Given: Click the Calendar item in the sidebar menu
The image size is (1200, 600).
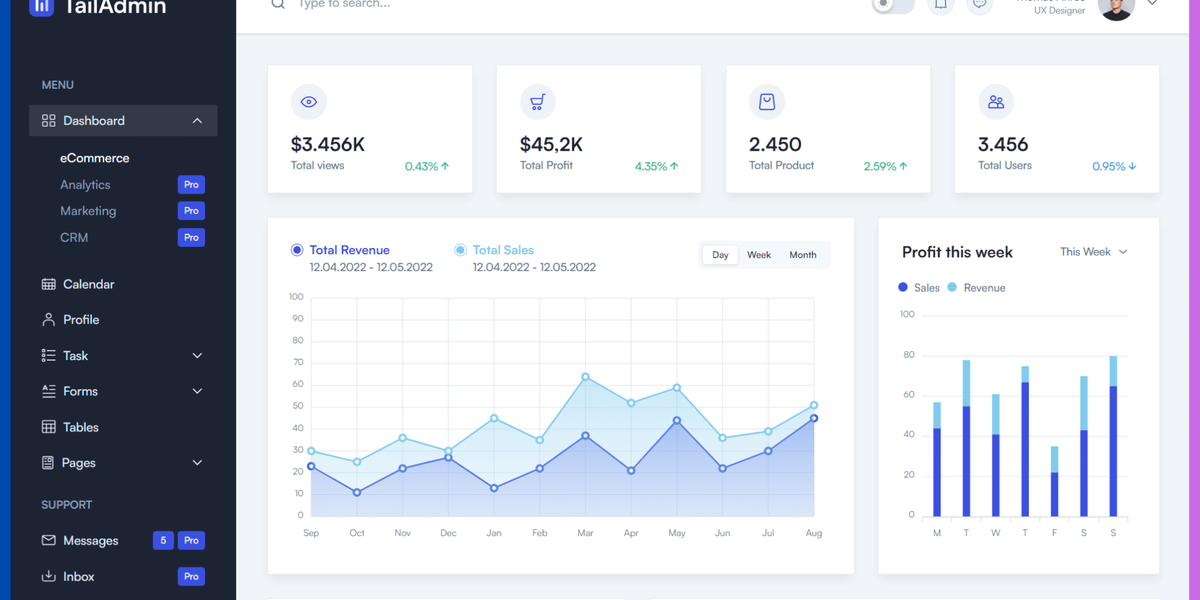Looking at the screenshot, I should (88, 284).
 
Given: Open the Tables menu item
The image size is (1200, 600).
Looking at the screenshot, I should (80, 427).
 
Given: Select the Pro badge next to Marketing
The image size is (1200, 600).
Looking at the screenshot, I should (191, 211).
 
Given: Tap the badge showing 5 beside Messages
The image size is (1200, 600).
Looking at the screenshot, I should (163, 540).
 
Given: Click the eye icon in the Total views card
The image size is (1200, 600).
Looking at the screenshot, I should (309, 102).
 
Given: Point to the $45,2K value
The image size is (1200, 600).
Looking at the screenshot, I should (551, 144).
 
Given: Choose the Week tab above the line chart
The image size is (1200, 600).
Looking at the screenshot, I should (759, 255).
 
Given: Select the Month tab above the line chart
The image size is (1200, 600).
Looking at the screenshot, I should (803, 255).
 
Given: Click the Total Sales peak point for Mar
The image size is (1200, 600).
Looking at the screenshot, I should (585, 377).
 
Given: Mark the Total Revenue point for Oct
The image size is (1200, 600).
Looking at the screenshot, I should (357, 492).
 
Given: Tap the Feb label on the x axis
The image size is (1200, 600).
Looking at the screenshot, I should (539, 533).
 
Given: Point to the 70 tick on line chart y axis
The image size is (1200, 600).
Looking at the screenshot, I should (297, 362).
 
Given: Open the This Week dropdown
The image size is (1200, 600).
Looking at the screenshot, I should (1093, 252).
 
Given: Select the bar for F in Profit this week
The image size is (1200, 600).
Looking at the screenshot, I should (1054, 481).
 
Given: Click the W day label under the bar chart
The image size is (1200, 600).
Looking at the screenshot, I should (995, 533).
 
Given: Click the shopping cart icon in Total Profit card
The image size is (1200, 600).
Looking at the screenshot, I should (538, 102).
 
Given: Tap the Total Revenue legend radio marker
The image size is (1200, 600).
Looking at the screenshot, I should (297, 250).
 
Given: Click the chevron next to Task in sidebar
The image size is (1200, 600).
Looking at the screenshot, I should (197, 356).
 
